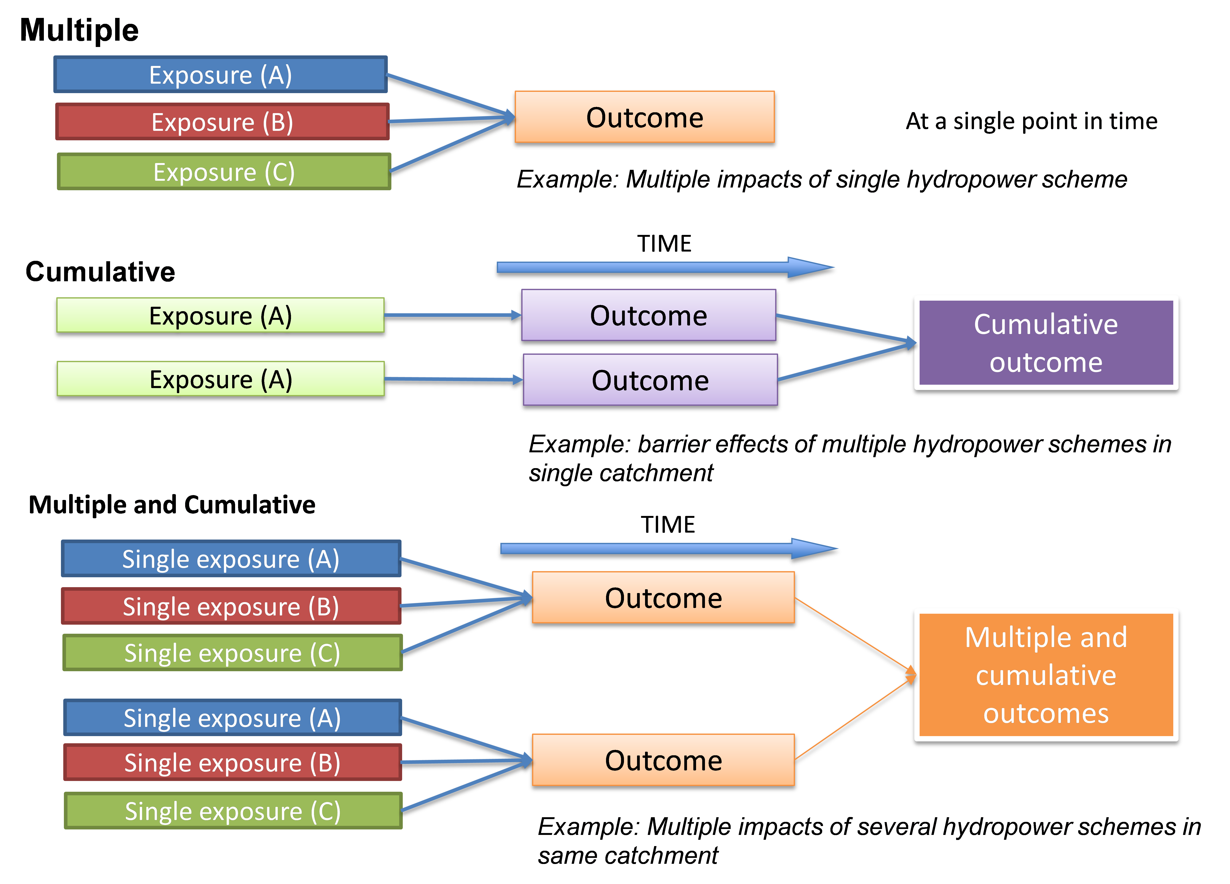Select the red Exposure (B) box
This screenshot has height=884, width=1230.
tap(222, 122)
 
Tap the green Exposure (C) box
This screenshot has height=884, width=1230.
tap(224, 172)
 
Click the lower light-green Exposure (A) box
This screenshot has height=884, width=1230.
tap(221, 379)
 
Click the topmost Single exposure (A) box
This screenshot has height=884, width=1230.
tap(231, 559)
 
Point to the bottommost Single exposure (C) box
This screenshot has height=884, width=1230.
tap(233, 811)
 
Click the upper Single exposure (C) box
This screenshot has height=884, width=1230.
tap(232, 652)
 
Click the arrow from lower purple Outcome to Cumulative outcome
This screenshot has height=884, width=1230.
tap(846, 362)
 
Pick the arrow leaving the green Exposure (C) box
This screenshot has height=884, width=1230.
tap(450, 145)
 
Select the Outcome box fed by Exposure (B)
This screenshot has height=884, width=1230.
tap(644, 117)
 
